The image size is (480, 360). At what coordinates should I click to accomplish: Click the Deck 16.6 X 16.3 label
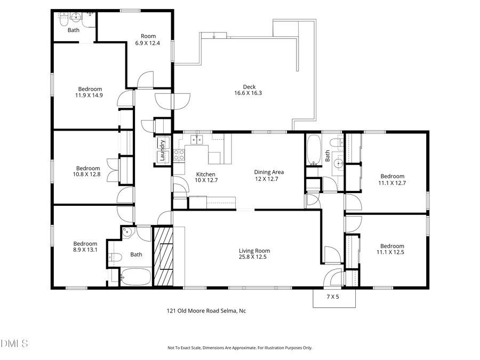[249, 90]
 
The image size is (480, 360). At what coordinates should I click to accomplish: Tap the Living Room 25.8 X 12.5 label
[254, 254]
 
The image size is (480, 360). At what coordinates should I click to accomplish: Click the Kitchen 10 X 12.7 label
[205, 177]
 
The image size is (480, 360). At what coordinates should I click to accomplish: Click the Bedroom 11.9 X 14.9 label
[90, 92]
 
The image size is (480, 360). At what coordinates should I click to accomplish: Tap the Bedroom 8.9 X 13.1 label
[85, 246]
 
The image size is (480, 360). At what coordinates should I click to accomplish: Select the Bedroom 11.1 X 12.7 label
[391, 179]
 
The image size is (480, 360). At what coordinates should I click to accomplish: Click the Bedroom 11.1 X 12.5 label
[391, 249]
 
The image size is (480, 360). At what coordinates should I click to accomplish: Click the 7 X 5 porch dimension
[333, 297]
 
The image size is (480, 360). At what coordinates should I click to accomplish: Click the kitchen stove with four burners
[179, 155]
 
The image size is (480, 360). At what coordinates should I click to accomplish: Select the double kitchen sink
[197, 140]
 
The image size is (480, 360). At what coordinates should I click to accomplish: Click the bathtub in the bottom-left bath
[135, 277]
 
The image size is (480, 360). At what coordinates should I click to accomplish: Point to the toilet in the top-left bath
[63, 19]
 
